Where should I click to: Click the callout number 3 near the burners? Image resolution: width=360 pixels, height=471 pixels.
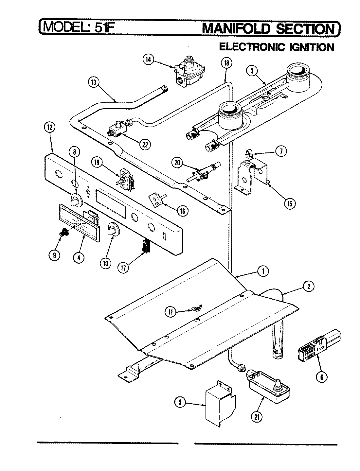[252, 71]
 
